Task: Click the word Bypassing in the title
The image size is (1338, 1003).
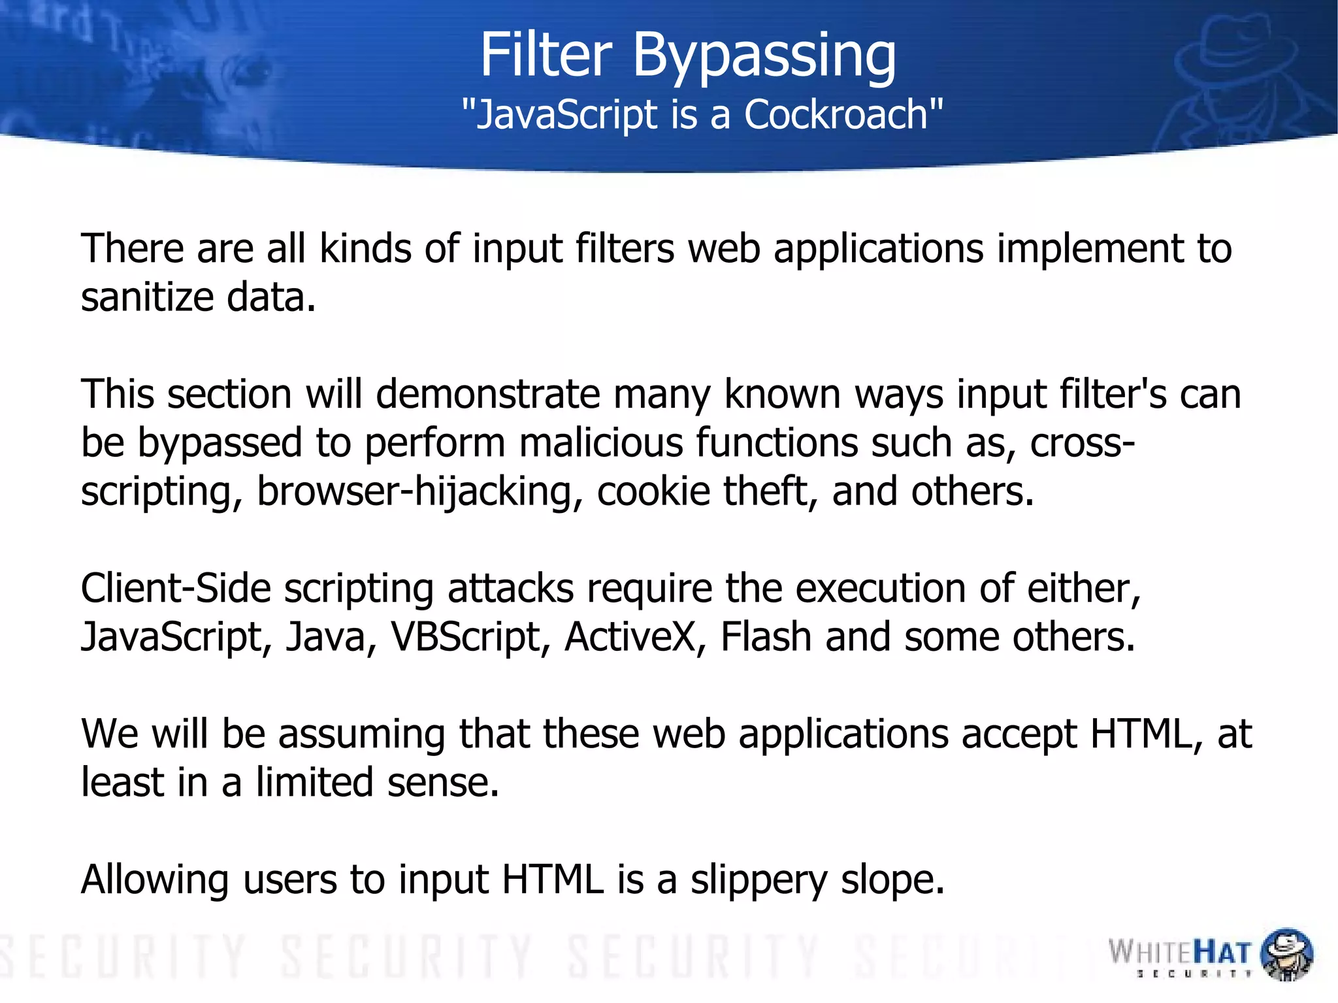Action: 764,58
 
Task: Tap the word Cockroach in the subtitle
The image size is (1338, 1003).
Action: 836,114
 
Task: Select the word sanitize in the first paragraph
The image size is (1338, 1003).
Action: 147,297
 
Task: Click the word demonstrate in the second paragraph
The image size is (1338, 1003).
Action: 487,394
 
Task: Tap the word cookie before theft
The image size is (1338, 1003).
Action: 653,491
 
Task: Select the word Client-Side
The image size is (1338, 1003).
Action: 175,588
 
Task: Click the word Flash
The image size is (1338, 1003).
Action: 765,636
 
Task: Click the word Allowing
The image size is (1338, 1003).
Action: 154,880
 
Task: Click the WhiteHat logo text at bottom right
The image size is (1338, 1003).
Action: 1179,953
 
